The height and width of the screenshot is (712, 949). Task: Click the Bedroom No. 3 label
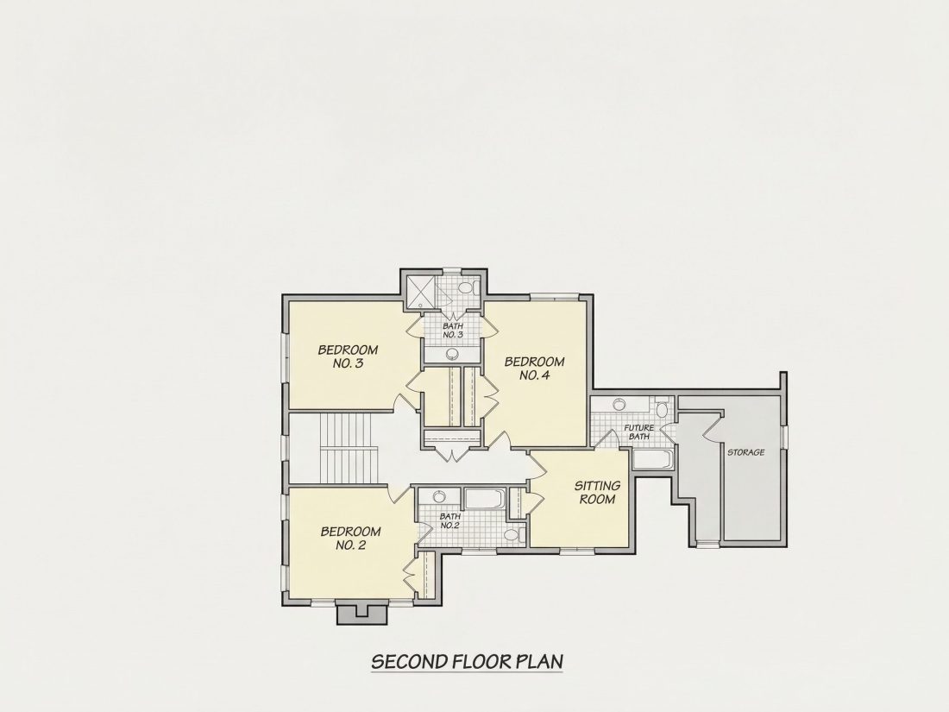click(348, 356)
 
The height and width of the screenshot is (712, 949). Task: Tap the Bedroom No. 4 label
click(534, 369)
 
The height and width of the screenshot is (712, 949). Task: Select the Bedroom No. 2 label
click(350, 539)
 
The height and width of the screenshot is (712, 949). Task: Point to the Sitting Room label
click(597, 492)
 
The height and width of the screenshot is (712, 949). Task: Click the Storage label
click(745, 452)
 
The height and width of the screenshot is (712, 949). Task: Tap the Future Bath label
click(639, 432)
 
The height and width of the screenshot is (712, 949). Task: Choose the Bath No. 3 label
click(453, 331)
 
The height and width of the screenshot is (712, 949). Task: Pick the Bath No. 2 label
click(449, 520)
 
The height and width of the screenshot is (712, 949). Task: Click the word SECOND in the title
click(409, 661)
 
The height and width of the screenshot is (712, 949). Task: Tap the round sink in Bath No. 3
click(452, 354)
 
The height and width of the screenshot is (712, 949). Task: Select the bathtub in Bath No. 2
click(486, 501)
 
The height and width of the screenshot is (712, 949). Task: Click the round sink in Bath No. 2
click(439, 496)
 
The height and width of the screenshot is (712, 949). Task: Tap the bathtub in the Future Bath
click(652, 459)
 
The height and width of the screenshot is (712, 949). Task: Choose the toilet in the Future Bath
click(662, 409)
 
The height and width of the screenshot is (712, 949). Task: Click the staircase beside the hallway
click(349, 448)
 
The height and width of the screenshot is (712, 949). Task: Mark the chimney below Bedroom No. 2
click(362, 614)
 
